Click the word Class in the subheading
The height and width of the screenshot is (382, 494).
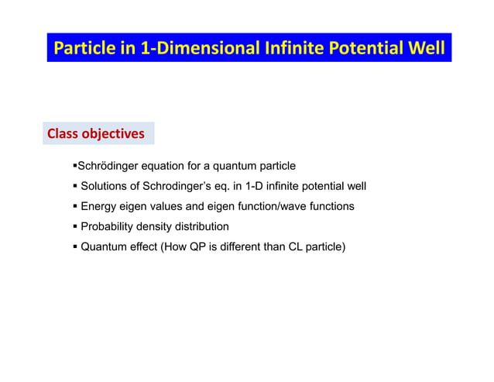(65, 134)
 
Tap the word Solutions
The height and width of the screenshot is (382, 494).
(105, 187)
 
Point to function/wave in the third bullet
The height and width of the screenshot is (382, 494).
(280, 207)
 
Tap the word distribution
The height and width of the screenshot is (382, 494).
(202, 227)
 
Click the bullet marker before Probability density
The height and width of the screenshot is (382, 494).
(74, 227)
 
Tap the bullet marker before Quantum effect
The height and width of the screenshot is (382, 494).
(74, 248)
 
